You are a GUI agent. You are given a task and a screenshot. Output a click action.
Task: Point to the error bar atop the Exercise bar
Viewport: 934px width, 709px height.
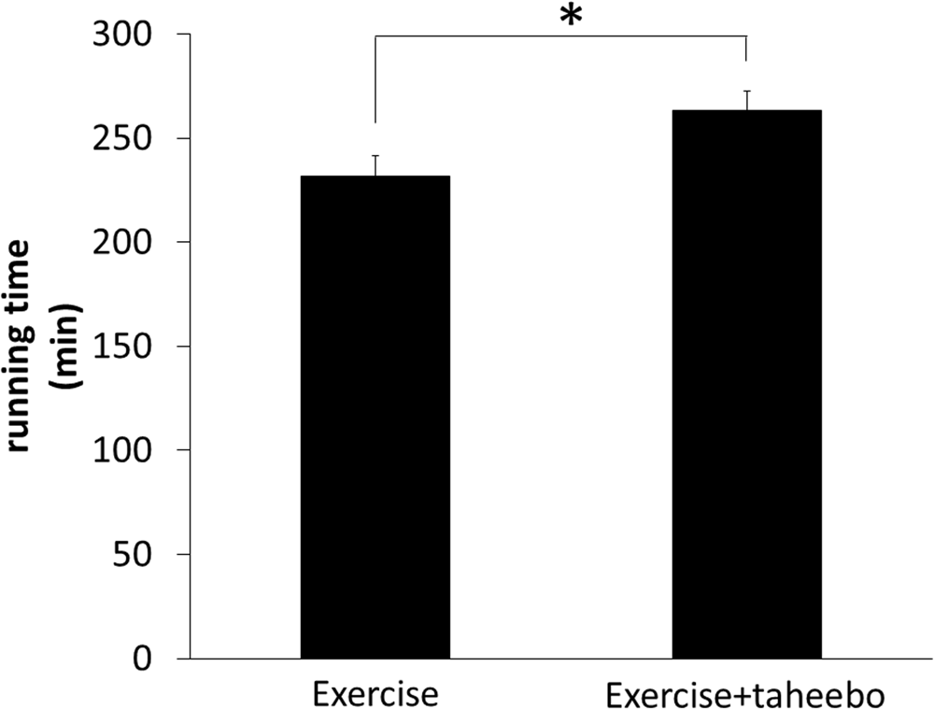coord(375,165)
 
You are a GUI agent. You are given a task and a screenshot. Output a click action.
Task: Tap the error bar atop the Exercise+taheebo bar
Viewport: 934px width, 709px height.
coord(746,100)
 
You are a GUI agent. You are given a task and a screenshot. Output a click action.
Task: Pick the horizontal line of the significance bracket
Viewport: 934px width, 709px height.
coord(560,36)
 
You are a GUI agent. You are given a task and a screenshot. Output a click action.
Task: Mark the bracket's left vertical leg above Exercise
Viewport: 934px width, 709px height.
coord(375,79)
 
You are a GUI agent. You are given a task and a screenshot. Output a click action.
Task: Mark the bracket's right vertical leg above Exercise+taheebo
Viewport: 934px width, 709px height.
coord(746,49)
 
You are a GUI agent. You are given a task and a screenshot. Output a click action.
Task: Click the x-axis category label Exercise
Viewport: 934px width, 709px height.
coord(375,694)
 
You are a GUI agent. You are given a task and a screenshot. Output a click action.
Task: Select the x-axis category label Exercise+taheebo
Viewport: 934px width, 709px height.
coord(746,694)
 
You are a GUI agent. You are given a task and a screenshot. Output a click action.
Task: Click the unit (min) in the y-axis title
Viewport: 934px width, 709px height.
coord(70,346)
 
